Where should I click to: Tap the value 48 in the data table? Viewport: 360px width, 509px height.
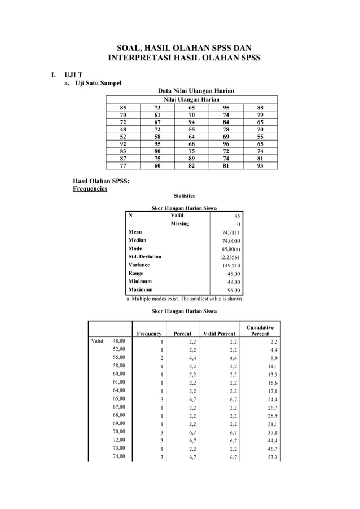[123, 128]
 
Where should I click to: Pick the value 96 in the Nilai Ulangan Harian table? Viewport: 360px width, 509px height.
[226, 143]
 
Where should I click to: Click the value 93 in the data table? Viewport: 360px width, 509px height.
[260, 166]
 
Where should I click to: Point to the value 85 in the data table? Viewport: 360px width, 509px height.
[123, 106]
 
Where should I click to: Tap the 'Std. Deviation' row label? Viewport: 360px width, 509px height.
[145, 257]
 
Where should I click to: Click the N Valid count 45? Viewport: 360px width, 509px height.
[237, 215]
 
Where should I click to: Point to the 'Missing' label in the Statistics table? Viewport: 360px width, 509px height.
[179, 223]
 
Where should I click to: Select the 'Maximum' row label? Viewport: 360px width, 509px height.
[141, 289]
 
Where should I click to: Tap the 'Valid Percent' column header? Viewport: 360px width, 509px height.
[219, 334]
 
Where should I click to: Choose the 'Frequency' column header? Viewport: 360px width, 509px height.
[150, 334]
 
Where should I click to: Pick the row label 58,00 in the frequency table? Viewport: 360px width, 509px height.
[119, 366]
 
